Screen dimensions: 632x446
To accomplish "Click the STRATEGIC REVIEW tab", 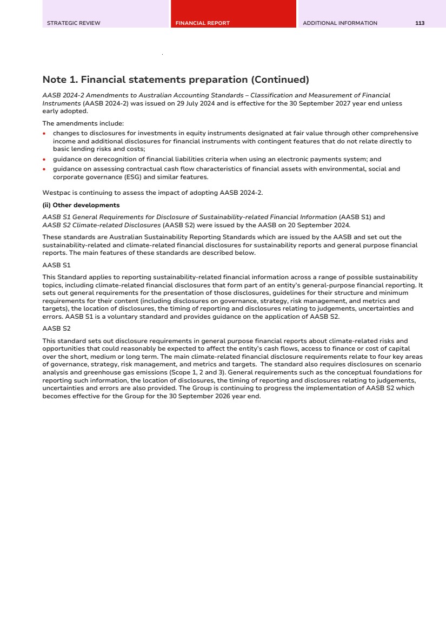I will point(74,23).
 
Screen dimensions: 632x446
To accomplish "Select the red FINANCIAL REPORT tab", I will point(203,23).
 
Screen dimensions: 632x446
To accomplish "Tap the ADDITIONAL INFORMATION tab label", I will point(340,23).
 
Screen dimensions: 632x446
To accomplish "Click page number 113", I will point(420,23).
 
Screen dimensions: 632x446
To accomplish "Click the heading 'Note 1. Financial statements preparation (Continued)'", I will point(176,80).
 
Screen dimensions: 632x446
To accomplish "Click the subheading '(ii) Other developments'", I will point(81,205).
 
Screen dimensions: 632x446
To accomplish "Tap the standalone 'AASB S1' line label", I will point(56,265).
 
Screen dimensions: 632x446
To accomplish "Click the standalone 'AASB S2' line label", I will point(56,328).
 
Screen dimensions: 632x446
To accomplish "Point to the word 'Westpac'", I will point(55,192).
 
